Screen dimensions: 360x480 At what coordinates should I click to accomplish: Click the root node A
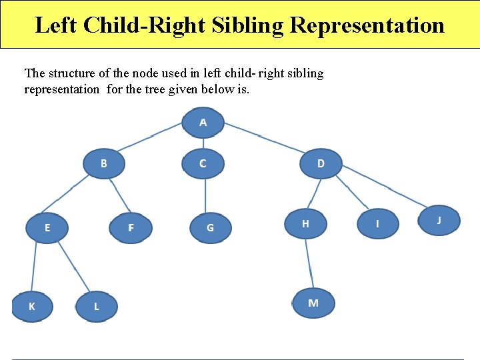pyautogui.click(x=203, y=123)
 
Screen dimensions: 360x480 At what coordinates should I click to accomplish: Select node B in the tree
pyautogui.click(x=103, y=163)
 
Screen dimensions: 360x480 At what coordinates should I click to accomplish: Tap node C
pyautogui.click(x=203, y=163)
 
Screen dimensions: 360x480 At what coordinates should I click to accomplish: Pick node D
pyautogui.click(x=321, y=163)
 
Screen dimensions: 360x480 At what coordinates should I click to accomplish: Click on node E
pyautogui.click(x=47, y=228)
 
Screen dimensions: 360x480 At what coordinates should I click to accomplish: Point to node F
pyautogui.click(x=131, y=228)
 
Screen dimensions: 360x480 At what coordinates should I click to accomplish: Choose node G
pyautogui.click(x=210, y=228)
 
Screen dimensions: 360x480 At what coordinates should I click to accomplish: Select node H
pyautogui.click(x=305, y=224)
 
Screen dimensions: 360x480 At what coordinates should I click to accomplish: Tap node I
pyautogui.click(x=377, y=224)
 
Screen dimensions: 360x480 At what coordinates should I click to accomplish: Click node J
pyautogui.click(x=439, y=220)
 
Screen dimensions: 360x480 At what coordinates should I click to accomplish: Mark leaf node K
pyautogui.click(x=32, y=306)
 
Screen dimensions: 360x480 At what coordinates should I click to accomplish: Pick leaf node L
pyautogui.click(x=97, y=307)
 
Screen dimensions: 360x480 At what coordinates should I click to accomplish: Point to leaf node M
pyautogui.click(x=313, y=303)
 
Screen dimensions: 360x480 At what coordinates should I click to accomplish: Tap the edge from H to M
pyautogui.click(x=309, y=263)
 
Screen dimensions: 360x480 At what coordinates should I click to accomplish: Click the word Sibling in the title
pyautogui.click(x=248, y=25)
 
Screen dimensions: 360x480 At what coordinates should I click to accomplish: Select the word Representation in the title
pyautogui.click(x=367, y=25)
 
